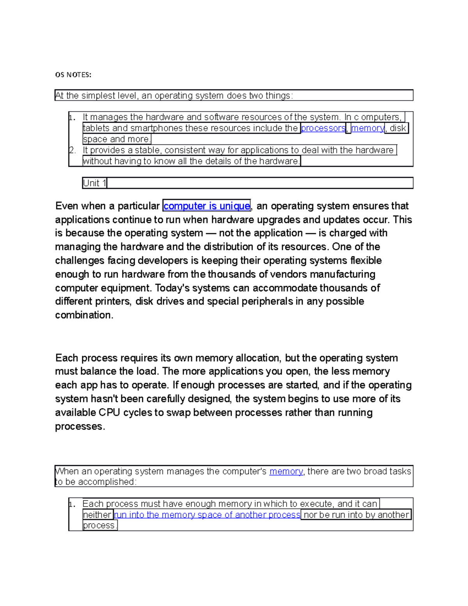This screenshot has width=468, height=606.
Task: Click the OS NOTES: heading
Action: pos(73,75)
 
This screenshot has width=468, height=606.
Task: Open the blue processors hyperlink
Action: pos(323,128)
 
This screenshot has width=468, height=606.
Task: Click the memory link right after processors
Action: pos(367,128)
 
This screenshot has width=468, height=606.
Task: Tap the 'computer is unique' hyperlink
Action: pos(206,206)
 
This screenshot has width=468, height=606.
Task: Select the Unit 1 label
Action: pos(94,183)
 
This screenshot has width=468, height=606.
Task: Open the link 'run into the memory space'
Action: pos(207,515)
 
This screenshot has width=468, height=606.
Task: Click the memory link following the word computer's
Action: pos(286,471)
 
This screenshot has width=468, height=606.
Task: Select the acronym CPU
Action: pos(109,412)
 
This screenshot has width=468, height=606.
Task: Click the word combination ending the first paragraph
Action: pos(84,315)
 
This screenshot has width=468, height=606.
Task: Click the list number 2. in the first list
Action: pos(72,150)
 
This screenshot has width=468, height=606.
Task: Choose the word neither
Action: pos(97,515)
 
